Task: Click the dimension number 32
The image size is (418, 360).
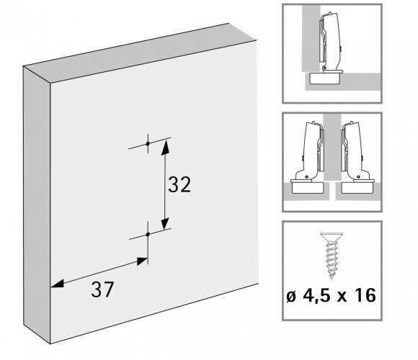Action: click(x=179, y=184)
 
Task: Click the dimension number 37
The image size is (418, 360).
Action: click(x=102, y=289)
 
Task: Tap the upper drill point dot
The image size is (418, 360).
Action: click(x=148, y=143)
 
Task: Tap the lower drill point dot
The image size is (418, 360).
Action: click(x=148, y=234)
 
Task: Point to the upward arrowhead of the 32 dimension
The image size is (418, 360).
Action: click(x=165, y=147)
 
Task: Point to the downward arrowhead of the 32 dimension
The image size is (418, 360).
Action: click(x=165, y=223)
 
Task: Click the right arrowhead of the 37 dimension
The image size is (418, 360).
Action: click(x=142, y=261)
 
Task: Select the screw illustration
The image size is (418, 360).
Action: click(x=332, y=256)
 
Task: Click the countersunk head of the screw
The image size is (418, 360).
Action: click(x=332, y=237)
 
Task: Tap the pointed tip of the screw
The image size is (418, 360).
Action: click(x=332, y=277)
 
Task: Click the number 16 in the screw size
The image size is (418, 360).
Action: click(x=367, y=295)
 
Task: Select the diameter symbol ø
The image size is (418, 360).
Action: click(x=291, y=297)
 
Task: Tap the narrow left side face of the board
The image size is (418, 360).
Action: click(x=37, y=205)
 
